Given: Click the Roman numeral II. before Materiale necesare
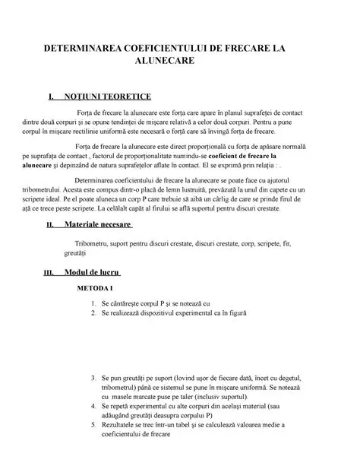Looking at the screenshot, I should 51,226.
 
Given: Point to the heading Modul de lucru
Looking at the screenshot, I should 93,272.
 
